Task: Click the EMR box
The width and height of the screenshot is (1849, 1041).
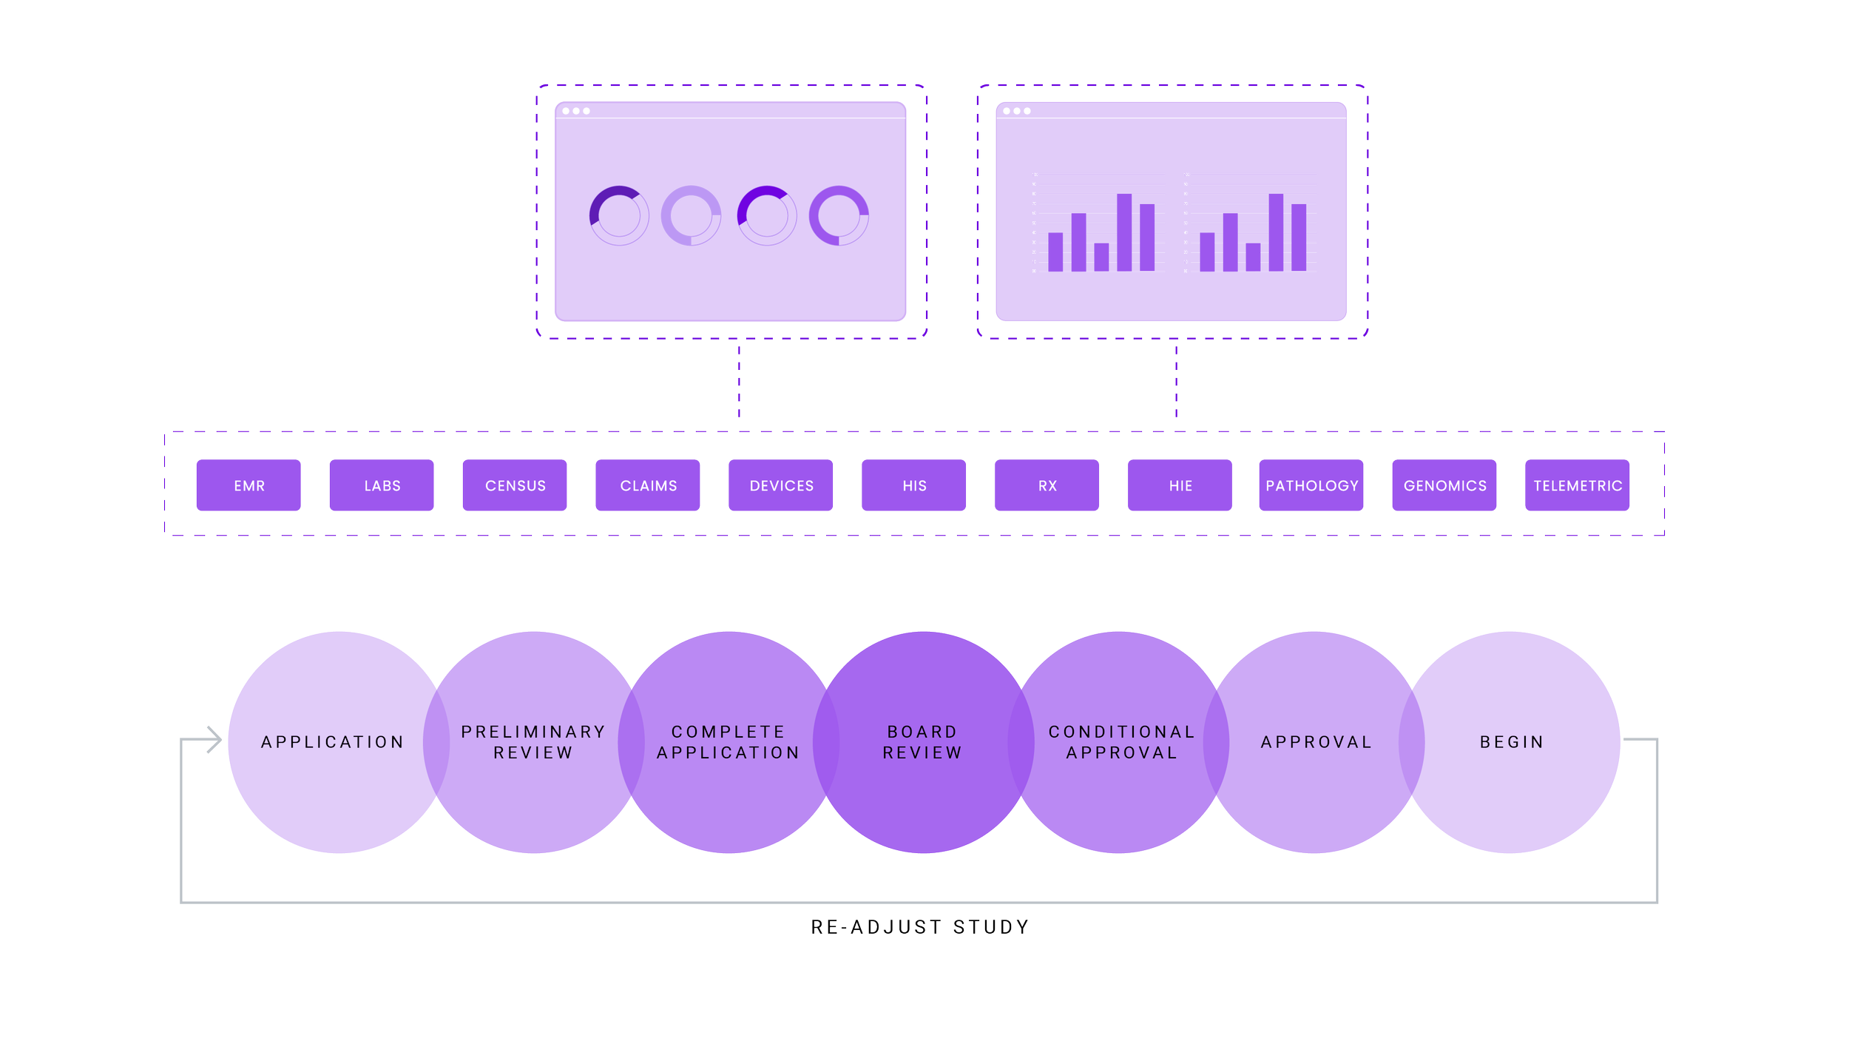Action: pos(249,485)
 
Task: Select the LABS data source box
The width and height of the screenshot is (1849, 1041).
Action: pos(382,485)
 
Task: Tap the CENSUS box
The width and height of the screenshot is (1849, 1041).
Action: pos(515,485)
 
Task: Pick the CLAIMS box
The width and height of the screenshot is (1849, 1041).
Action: pos(648,485)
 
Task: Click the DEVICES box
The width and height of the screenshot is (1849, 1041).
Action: pos(781,485)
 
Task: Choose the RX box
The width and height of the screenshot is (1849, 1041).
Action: pos(1047,485)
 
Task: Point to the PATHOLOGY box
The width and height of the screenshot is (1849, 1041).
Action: pos(1311,485)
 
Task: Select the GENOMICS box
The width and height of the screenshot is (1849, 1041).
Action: pos(1444,485)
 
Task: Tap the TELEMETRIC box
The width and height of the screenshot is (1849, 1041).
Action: pos(1578,485)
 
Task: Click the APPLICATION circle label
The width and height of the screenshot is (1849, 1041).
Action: pos(333,742)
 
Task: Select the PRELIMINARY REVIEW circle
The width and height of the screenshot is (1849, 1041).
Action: pos(533,742)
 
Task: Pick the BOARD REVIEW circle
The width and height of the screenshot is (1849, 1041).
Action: pos(922,742)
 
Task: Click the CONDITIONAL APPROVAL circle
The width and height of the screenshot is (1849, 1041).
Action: pos(1121,742)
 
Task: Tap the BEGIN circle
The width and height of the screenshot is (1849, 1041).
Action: pos(1512,742)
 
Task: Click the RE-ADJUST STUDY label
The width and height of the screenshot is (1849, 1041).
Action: pos(920,927)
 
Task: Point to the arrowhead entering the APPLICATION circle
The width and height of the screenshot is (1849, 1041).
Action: pos(215,738)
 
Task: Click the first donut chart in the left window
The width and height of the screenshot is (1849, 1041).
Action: pos(618,215)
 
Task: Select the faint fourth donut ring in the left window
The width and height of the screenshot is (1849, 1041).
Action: pos(839,215)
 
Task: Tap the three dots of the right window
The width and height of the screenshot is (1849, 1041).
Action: pos(1016,111)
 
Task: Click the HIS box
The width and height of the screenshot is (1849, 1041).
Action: pos(914,485)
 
